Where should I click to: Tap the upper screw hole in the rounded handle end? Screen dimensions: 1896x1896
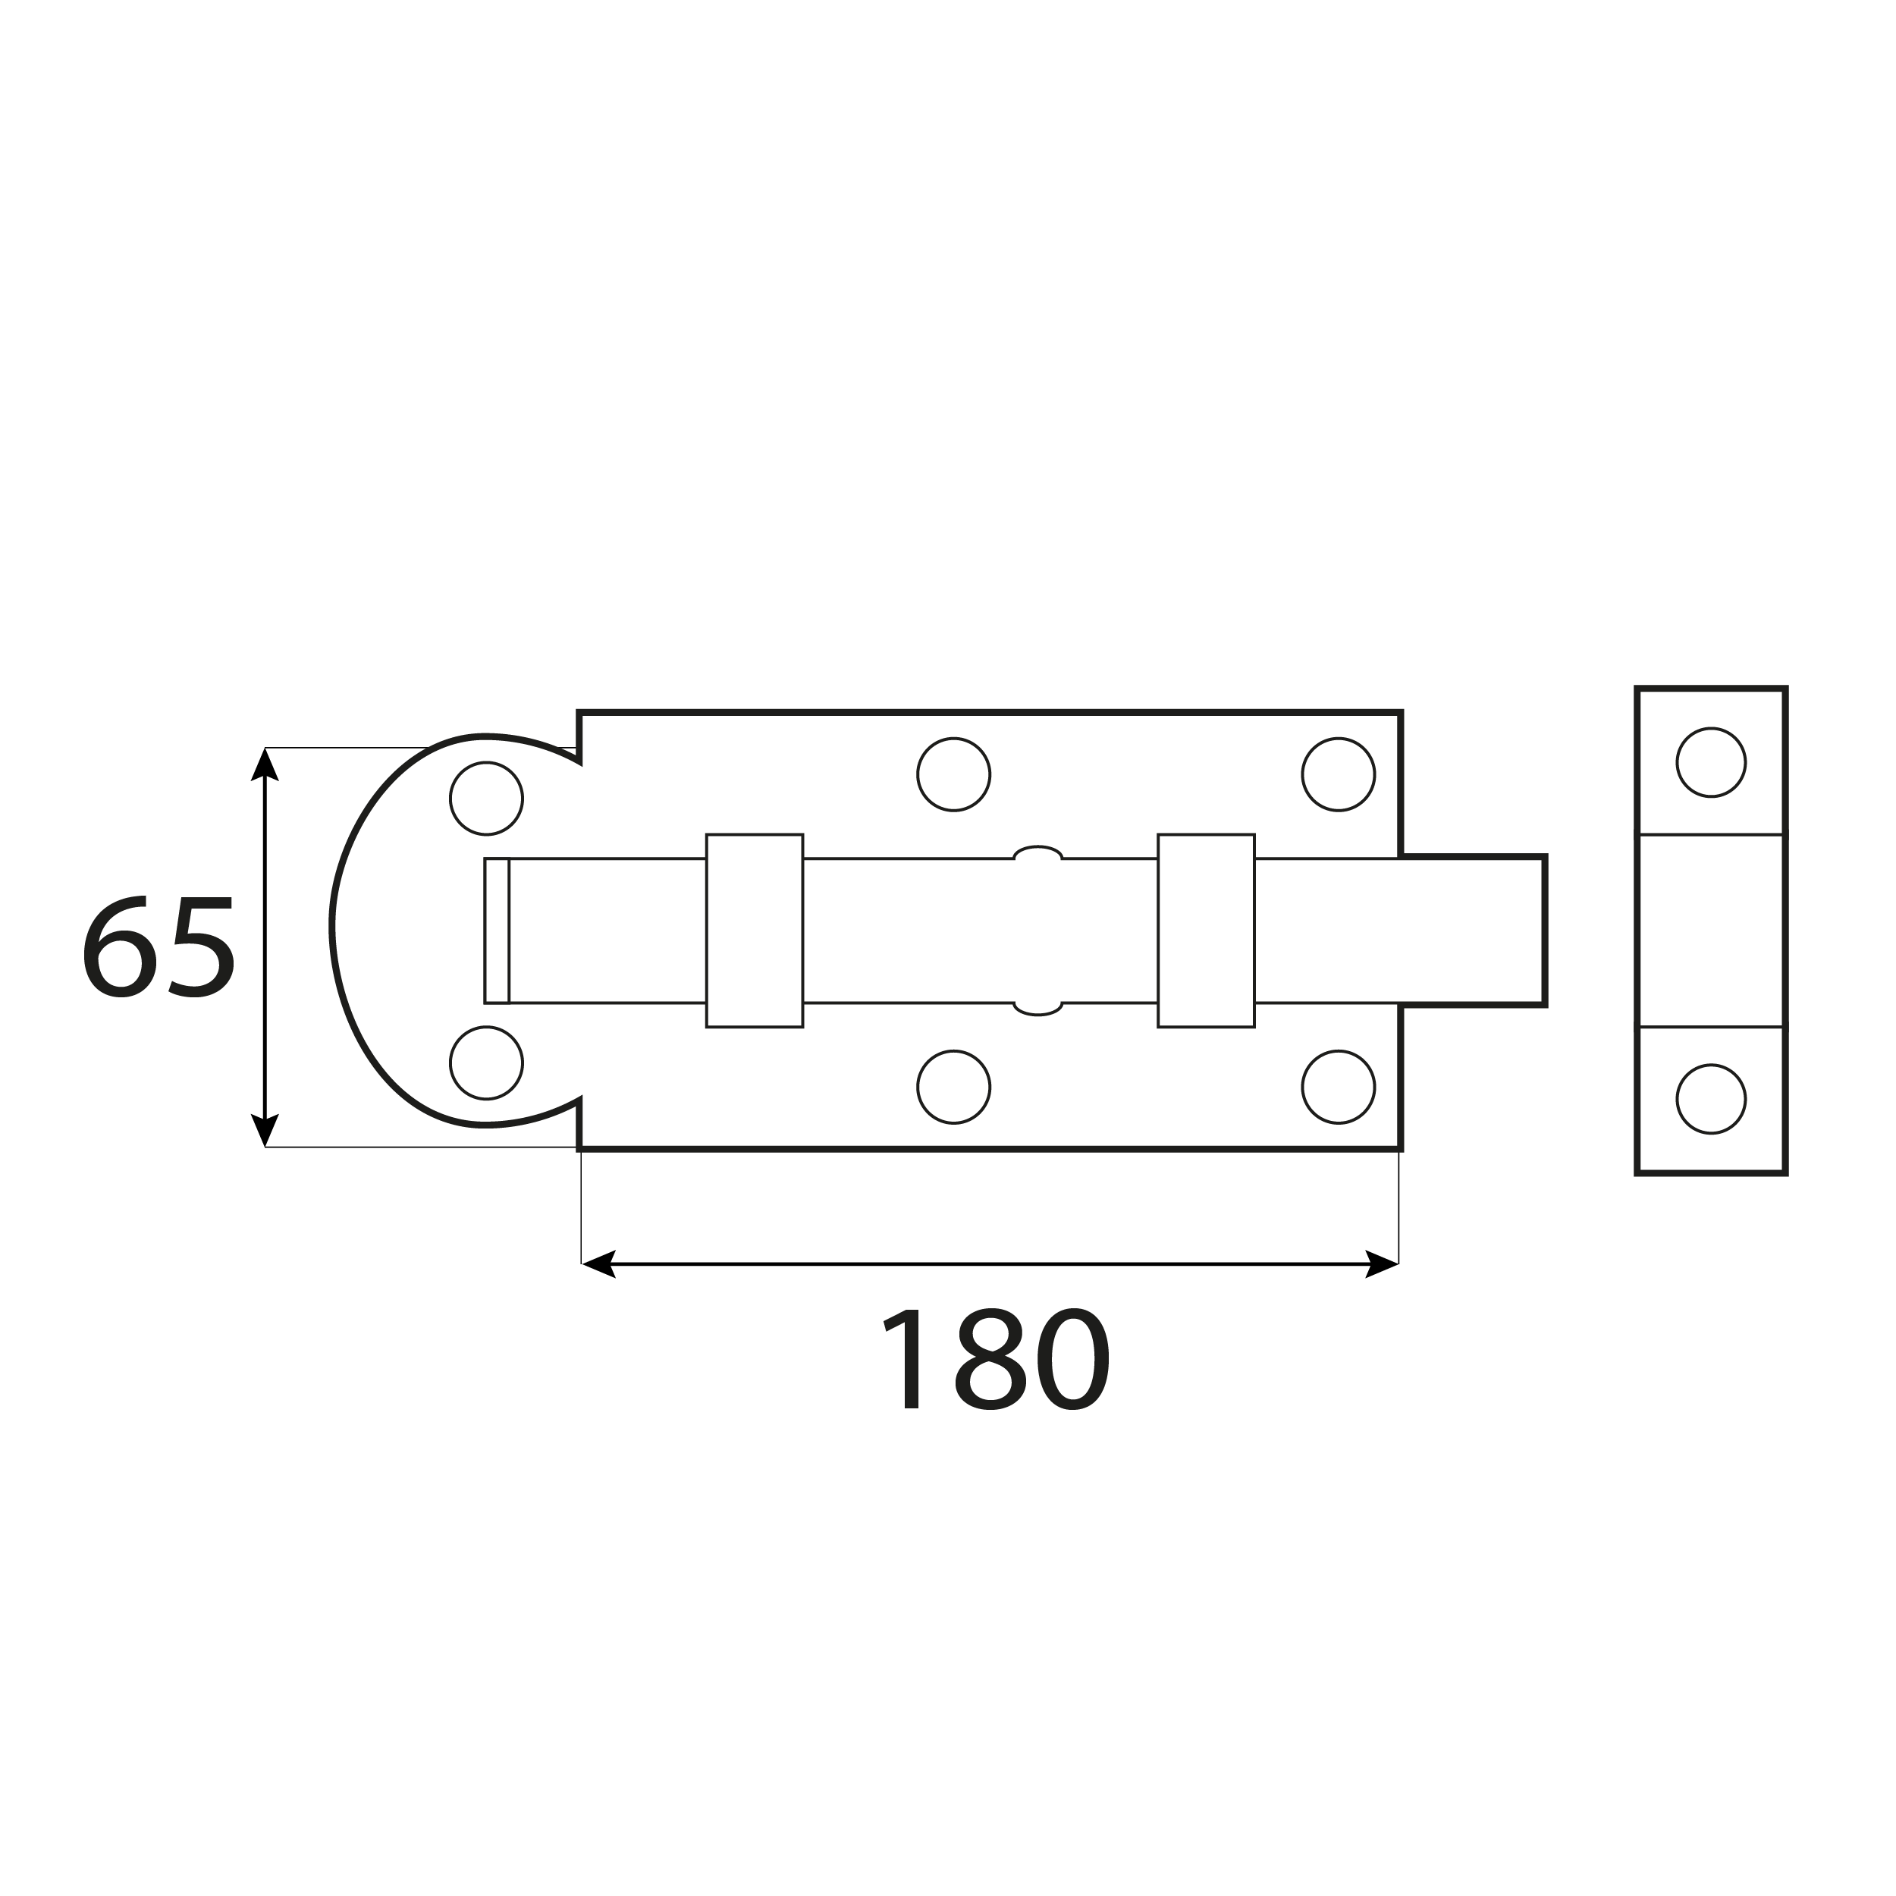(x=486, y=798)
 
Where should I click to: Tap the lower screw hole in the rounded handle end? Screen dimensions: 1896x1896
(x=486, y=1063)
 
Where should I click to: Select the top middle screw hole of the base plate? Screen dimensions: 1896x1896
(x=953, y=774)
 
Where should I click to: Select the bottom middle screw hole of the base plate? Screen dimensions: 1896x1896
(x=953, y=1088)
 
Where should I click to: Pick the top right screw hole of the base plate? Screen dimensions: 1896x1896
(x=1338, y=774)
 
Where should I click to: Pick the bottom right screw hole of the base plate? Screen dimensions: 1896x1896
(x=1338, y=1088)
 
